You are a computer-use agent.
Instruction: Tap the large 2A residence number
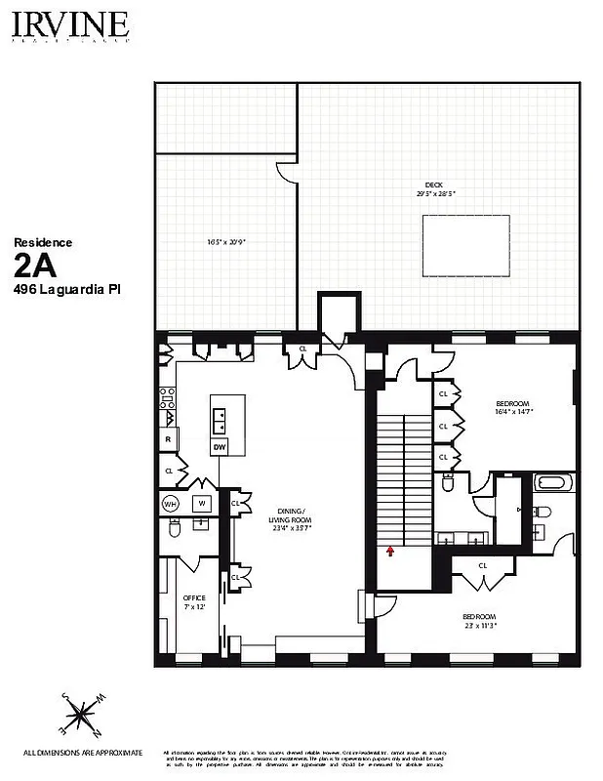[37, 266]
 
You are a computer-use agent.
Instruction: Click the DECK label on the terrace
[433, 185]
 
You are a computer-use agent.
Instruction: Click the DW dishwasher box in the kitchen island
[220, 447]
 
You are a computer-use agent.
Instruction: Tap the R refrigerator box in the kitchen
[168, 440]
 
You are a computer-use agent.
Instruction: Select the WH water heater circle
[170, 504]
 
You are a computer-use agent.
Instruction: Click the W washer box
[202, 504]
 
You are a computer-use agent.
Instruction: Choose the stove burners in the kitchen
[167, 397]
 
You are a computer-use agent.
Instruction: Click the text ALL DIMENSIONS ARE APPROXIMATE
[83, 753]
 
